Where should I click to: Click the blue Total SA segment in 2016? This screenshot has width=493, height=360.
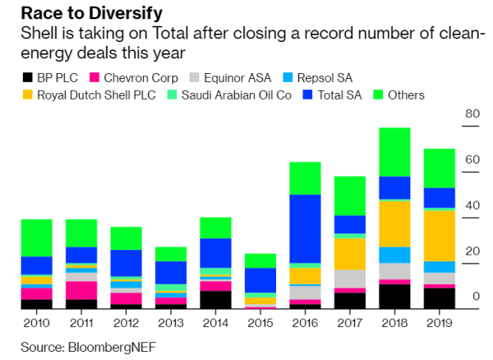[305, 228]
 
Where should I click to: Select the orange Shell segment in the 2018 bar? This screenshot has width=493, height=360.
[394, 224]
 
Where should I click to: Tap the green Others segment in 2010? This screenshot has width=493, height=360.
[36, 238]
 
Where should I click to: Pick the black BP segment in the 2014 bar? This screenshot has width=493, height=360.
[215, 300]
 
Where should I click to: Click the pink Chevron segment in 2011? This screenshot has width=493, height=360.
[81, 290]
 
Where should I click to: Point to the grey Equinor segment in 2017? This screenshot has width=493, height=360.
[350, 279]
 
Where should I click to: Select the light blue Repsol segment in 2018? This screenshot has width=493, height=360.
[394, 255]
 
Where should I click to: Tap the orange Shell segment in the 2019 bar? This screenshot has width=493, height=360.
[440, 236]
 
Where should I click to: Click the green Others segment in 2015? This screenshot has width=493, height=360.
[260, 261]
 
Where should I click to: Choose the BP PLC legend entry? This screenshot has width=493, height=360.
[49, 77]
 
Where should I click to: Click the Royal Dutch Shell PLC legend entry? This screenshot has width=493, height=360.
[90, 95]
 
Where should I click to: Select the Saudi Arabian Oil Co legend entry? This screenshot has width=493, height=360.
[229, 95]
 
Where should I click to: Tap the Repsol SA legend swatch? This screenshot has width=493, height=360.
[288, 77]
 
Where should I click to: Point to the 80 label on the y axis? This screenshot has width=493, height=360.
[472, 113]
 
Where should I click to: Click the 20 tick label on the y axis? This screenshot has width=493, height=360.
[472, 251]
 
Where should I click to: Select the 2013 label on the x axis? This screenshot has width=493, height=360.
[171, 323]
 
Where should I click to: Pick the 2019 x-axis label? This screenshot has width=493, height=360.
[440, 323]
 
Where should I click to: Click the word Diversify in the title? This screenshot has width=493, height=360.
[126, 13]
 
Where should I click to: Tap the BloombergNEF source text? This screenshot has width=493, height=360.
[112, 347]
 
